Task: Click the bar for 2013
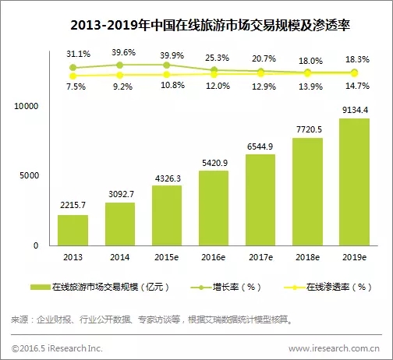[x=73, y=230]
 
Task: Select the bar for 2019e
[x=354, y=182]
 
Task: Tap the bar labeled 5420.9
[x=214, y=208]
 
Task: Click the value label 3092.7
[x=121, y=194]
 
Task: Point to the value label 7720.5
[x=309, y=129]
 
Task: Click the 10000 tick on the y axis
[x=26, y=106]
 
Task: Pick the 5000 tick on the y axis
[x=29, y=175]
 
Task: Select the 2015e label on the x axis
[x=167, y=257]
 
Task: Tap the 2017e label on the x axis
[x=260, y=257]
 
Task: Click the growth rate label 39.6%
[x=123, y=52]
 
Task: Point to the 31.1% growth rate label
[x=78, y=54]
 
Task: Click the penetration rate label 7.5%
[x=76, y=86]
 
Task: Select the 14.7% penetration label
[x=357, y=86]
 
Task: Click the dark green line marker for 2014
[x=119, y=65]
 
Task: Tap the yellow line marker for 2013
[x=73, y=76]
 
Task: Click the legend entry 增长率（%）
[x=225, y=287]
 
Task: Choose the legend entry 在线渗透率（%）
[x=327, y=287]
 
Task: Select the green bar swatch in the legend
[x=40, y=287]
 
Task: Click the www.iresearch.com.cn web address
[x=334, y=348]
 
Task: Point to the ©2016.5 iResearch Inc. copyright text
[x=57, y=348]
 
